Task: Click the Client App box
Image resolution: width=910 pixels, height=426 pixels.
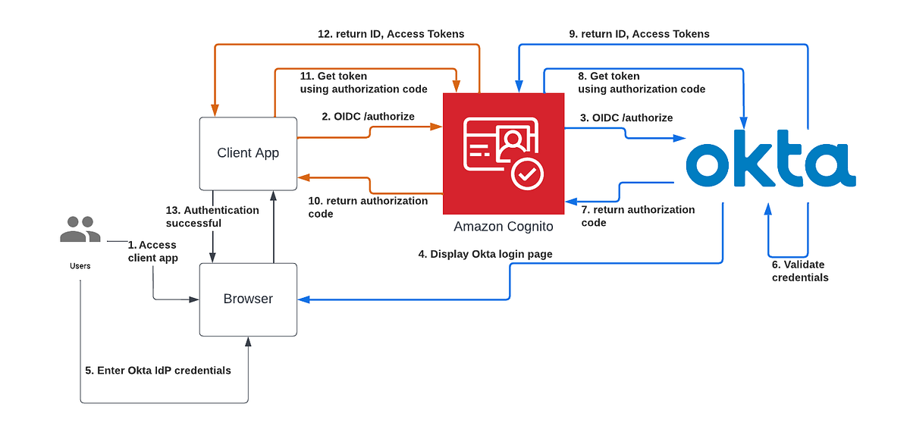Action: click(248, 153)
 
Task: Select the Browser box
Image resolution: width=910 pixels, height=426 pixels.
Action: click(248, 299)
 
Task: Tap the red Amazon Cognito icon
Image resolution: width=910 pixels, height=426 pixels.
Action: click(504, 153)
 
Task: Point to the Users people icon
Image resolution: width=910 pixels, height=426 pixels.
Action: click(80, 230)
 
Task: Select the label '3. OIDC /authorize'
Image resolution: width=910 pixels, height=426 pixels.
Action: click(626, 117)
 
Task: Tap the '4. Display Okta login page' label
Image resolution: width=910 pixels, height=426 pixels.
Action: click(485, 254)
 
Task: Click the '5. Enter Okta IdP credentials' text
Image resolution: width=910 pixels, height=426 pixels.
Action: click(158, 371)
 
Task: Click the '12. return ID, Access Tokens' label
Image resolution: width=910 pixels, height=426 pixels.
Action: click(391, 34)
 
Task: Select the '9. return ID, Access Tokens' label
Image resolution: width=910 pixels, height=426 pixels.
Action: click(639, 34)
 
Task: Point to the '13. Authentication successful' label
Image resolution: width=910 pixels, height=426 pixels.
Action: click(212, 217)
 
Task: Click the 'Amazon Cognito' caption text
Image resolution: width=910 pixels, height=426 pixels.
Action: click(503, 227)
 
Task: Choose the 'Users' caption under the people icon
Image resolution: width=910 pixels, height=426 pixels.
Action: click(80, 266)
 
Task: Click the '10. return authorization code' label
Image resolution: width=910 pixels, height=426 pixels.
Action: click(367, 207)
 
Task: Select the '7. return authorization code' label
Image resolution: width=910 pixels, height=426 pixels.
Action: click(637, 216)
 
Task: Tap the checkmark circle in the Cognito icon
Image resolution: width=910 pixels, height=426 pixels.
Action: click(527, 174)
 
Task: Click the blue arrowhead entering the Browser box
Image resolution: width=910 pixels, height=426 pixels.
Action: click(303, 299)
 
